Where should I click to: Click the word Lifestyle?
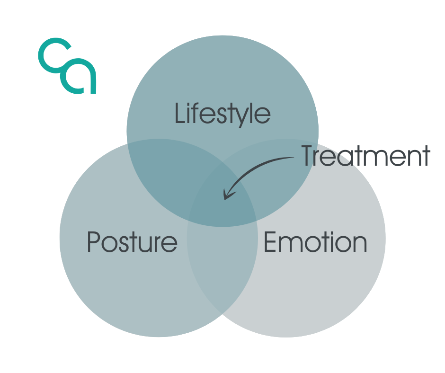coord(222,114)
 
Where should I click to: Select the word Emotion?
coord(315,242)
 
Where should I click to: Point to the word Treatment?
coord(366,156)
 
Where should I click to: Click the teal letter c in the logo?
coord(53,54)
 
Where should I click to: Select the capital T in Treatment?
coord(308,156)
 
